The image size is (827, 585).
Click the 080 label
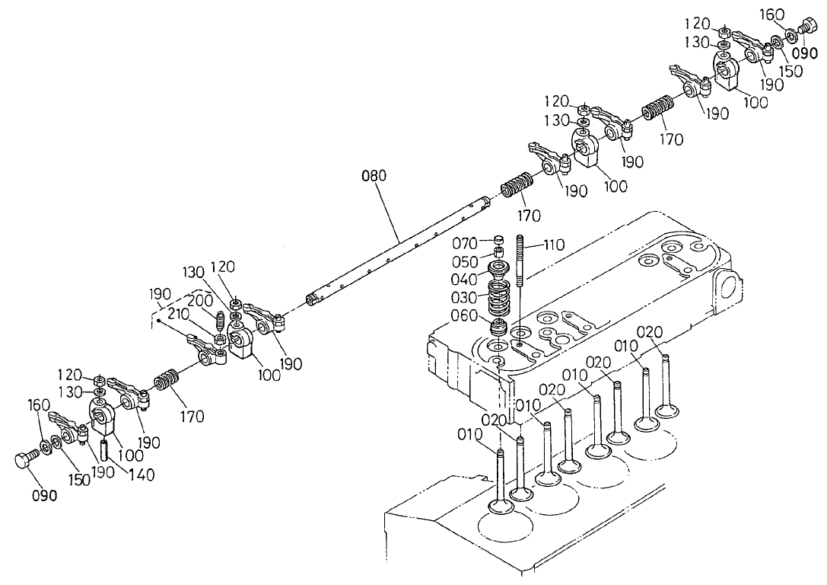[374, 176]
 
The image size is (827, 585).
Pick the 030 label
[463, 297]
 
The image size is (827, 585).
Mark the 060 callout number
[463, 315]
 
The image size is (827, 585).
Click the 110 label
[555, 245]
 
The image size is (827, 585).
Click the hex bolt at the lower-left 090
[24, 459]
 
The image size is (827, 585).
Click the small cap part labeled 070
[499, 238]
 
